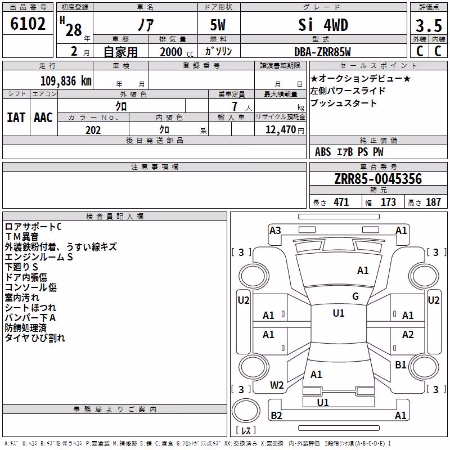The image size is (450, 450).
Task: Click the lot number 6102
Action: pos(28,24)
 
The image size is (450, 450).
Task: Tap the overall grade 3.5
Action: pos(429,25)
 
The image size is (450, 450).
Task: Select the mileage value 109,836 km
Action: pos(66,80)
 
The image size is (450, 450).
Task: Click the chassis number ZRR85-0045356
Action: pos(378,178)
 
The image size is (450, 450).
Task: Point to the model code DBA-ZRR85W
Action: pos(322,52)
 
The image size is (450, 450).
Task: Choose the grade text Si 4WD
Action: pos(323,25)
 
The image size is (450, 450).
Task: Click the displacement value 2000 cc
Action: pos(177,52)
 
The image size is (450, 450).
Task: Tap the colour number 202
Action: pos(93,130)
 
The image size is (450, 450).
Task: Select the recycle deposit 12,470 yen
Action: pos(285,130)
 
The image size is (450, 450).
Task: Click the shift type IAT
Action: pos(16,118)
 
